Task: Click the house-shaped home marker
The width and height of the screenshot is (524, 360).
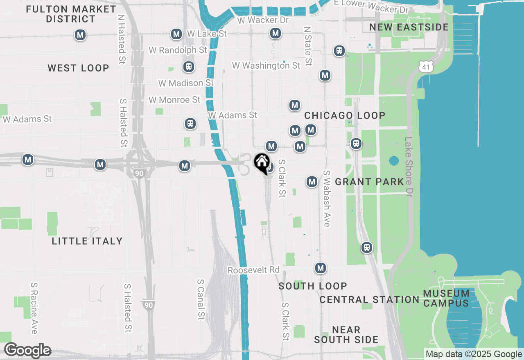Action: (262, 163)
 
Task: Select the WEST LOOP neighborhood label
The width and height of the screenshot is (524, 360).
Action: (78, 68)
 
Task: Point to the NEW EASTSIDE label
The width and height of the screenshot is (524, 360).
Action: (409, 27)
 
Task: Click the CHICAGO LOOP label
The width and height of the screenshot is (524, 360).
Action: (345, 116)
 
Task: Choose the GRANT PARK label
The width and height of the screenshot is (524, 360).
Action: (369, 182)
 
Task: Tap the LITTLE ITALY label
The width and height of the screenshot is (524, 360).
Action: (87, 241)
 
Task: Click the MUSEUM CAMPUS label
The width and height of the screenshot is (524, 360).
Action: (446, 298)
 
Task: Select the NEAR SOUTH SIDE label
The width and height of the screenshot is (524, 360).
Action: (346, 335)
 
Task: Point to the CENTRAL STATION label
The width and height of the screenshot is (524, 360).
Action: (369, 300)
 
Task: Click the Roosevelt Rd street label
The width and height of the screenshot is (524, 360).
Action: (254, 270)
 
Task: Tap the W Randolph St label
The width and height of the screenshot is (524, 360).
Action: (178, 50)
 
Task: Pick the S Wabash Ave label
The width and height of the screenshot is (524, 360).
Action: (327, 198)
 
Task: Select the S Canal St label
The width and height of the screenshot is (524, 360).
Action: (201, 299)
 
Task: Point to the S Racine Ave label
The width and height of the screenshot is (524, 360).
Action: (34, 308)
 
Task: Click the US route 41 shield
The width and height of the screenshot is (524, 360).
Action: (427, 66)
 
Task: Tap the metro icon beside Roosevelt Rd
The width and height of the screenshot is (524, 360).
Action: (321, 268)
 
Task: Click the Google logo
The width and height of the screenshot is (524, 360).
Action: (27, 350)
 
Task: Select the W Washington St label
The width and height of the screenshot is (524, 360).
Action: (266, 65)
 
